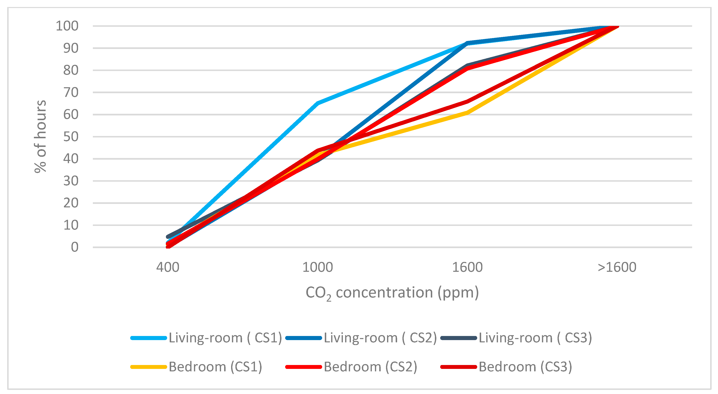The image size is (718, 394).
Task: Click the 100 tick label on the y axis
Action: pos(67,26)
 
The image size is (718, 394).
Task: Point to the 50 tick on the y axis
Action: pos(71,137)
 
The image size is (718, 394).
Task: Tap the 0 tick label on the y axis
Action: pos(74,247)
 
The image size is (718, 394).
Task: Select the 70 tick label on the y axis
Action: pos(71,92)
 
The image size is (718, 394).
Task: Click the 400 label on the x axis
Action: pos(167,267)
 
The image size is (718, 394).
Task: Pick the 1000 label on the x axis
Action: pos(317,267)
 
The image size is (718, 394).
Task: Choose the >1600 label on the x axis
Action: pos(617,267)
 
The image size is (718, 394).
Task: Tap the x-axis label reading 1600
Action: pos(467,267)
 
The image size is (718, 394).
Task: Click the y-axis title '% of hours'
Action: pos(40,137)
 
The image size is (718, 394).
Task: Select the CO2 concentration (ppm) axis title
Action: pos(392,293)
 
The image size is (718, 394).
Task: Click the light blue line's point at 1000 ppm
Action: pos(317,103)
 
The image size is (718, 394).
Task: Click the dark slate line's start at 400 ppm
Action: pos(167,237)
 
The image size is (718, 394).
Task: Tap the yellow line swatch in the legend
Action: pos(149,367)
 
